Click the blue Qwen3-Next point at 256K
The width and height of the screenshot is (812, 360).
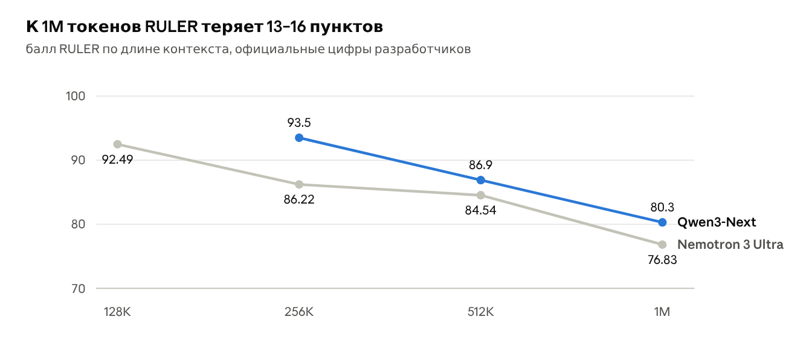[x=299, y=138]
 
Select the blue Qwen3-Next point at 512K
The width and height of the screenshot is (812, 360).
[x=481, y=180]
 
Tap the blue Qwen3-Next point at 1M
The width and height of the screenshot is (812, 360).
[x=662, y=222]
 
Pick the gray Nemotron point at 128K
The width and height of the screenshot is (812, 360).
[x=117, y=144]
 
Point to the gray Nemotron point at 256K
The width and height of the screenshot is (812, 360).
[x=299, y=185]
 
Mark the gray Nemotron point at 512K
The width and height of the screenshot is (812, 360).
[x=481, y=196]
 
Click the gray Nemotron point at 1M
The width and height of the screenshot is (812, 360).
[x=662, y=245]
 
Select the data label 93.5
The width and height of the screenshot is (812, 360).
[x=299, y=123]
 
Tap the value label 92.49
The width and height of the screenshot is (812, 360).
[x=117, y=159]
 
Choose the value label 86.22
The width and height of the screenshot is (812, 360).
[x=299, y=199]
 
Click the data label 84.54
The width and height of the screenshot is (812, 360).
[x=481, y=210]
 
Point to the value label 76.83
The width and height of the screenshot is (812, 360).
[x=662, y=260]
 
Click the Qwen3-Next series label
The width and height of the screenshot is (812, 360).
[x=717, y=222]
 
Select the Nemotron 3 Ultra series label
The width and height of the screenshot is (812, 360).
[x=730, y=245]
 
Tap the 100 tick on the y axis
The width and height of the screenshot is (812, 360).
[x=76, y=96]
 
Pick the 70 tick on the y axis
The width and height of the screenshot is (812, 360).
[x=79, y=289]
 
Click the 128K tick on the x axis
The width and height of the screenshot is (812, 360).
[x=117, y=312]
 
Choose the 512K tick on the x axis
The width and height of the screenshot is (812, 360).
[x=481, y=312]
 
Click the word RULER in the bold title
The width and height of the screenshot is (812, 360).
[x=172, y=27]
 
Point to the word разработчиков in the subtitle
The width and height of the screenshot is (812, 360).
[x=423, y=49]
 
